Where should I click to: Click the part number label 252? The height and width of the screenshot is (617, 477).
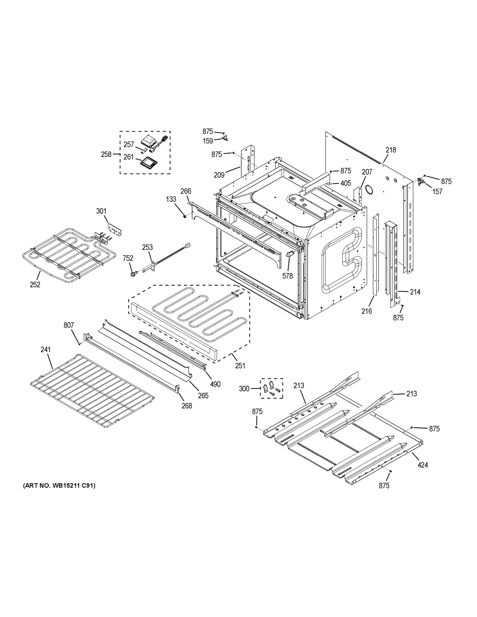click(35, 285)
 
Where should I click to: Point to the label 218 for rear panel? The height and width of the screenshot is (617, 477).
click(391, 150)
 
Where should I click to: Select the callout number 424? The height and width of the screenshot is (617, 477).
click(423, 465)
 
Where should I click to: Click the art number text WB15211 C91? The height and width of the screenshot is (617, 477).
click(59, 486)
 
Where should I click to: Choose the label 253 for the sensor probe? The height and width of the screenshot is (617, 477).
click(147, 248)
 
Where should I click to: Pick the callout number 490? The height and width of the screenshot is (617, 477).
click(215, 384)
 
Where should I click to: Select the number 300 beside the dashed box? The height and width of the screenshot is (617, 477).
click(244, 389)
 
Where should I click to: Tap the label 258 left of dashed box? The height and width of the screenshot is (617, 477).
click(106, 154)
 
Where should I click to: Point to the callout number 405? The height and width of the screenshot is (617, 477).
click(346, 183)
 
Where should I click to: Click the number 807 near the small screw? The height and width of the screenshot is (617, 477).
click(69, 325)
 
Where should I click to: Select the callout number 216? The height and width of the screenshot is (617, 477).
click(367, 311)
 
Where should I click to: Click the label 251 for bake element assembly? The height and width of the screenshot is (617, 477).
click(240, 366)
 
